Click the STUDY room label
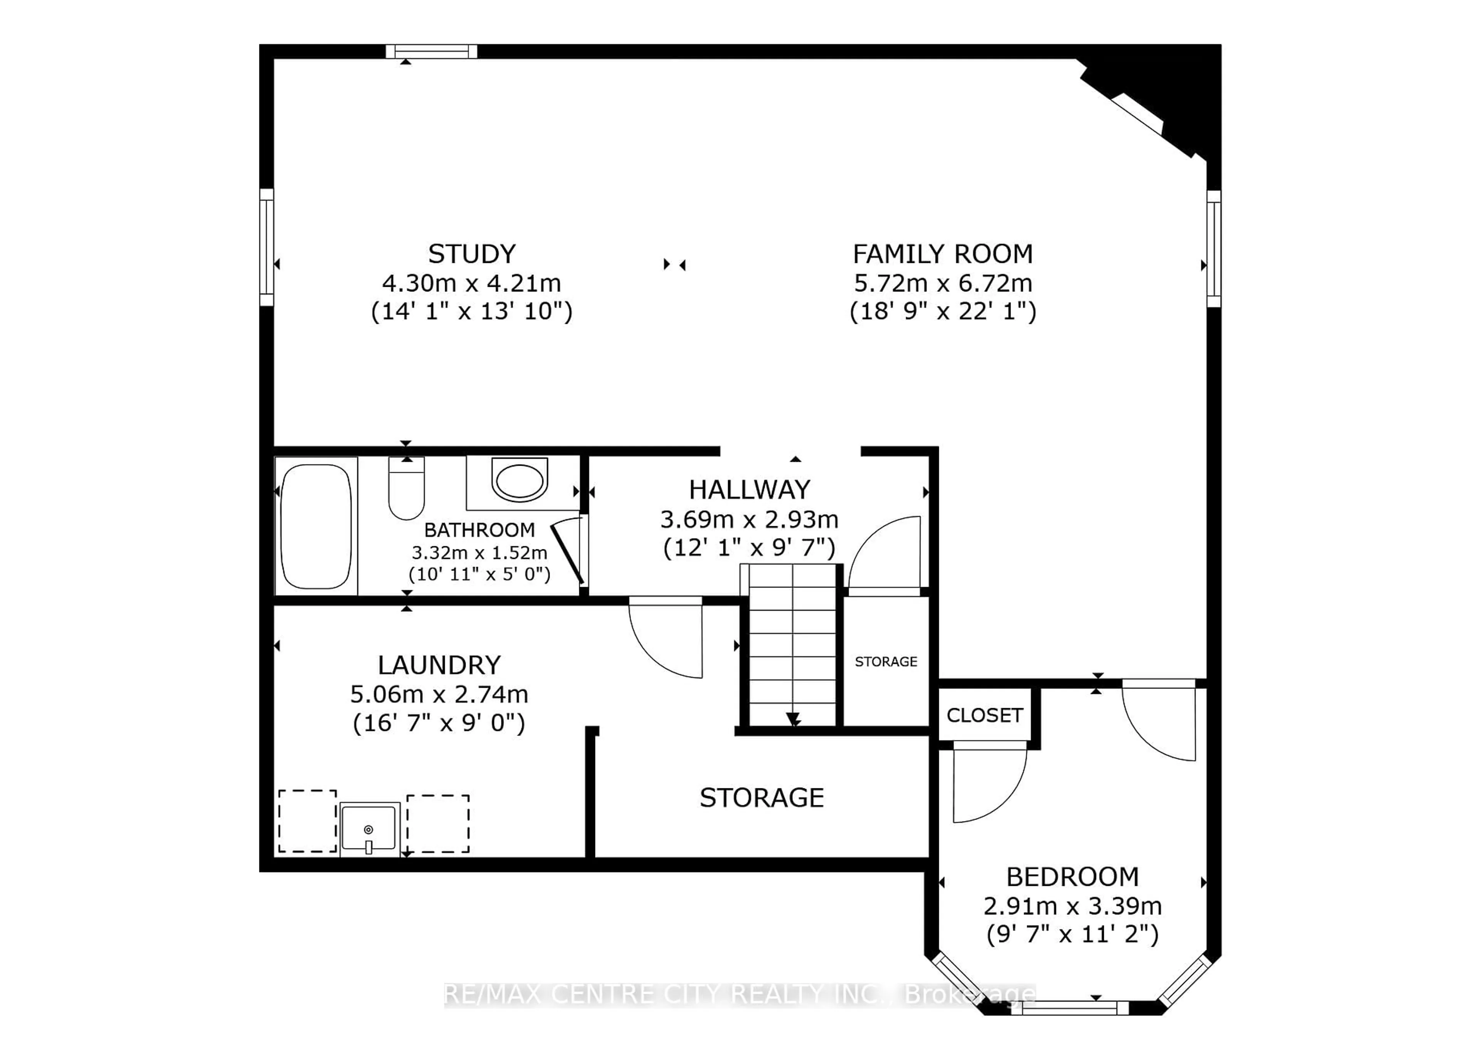[472, 254]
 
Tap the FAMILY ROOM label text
[942, 254]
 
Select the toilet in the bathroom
[406, 488]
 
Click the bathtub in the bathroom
[316, 526]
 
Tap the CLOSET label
[984, 715]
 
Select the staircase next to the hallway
[792, 645]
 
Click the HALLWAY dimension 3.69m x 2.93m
[749, 519]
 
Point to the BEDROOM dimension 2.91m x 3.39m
[1073, 906]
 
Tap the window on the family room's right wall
[1214, 248]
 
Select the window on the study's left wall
[267, 247]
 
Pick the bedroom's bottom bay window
[1070, 1007]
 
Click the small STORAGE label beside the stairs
[886, 662]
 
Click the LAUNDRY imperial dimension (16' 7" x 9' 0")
[439, 723]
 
